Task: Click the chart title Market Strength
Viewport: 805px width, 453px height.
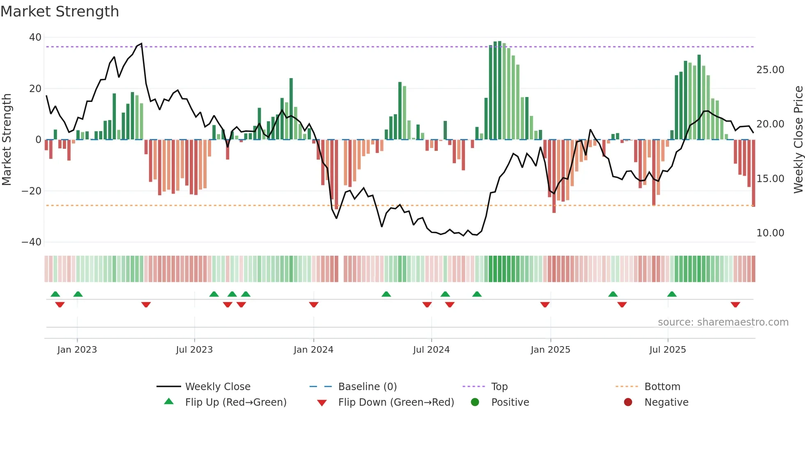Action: [60, 12]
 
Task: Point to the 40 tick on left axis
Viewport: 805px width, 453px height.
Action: [35, 37]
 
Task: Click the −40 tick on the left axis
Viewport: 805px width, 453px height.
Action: [32, 242]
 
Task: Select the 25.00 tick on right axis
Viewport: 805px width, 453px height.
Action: [770, 70]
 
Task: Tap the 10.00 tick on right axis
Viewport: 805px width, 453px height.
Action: [770, 233]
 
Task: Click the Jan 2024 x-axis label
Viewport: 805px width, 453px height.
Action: [313, 350]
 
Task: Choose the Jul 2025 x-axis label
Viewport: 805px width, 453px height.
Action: [667, 350]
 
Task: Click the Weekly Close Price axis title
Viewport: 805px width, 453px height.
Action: [798, 140]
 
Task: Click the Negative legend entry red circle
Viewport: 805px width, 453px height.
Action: [628, 402]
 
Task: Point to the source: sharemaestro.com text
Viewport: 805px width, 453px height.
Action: [723, 322]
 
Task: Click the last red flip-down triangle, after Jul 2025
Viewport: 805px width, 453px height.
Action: [735, 305]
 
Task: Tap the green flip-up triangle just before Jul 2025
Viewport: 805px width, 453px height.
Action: [672, 294]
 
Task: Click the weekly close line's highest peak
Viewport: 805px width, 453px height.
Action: [141, 44]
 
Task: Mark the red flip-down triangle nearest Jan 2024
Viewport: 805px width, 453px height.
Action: [314, 305]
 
